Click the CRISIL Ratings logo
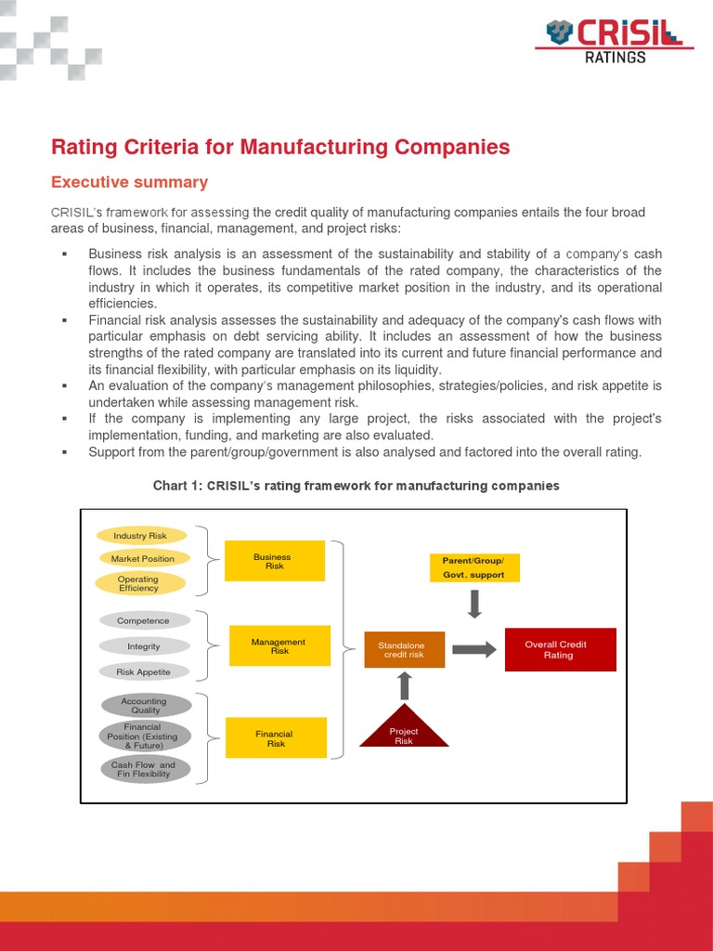(615, 42)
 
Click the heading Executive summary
(129, 182)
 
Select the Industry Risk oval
(141, 536)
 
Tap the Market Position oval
(143, 558)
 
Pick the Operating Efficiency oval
(139, 583)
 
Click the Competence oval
(143, 620)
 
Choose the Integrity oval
(143, 646)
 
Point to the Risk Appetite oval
(144, 671)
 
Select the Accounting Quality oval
(144, 706)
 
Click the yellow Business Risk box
(274, 561)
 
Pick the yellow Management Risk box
(279, 645)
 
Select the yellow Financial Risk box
(276, 738)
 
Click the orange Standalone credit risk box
(404, 649)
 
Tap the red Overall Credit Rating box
(560, 649)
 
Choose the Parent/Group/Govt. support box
(474, 567)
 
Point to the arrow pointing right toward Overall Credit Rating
(473, 649)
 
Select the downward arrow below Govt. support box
(474, 604)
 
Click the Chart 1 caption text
(356, 486)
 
